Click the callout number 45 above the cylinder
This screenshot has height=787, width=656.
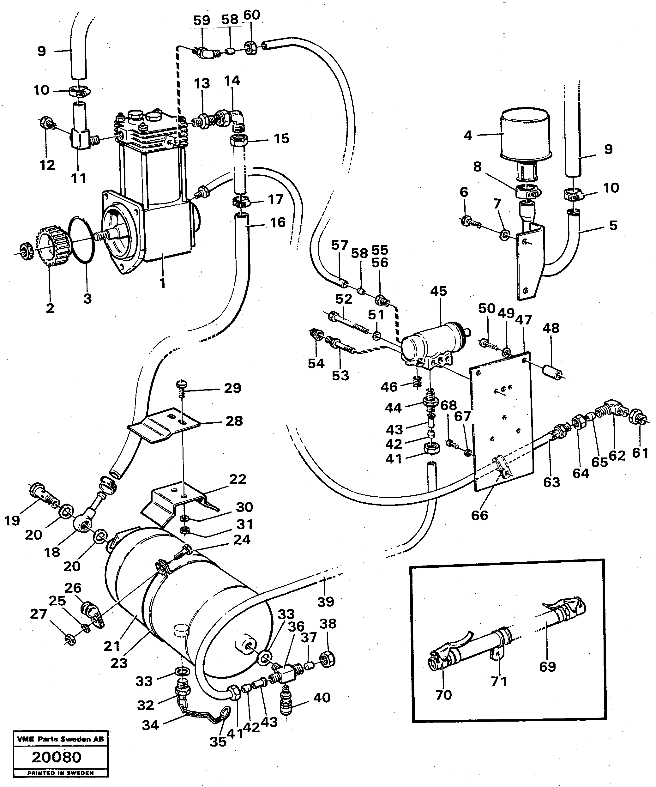(438, 291)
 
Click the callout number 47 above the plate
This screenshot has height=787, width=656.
(523, 320)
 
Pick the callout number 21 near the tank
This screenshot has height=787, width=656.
(111, 646)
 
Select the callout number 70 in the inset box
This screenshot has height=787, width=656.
(443, 695)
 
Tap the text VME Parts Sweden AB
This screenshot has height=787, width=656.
(60, 739)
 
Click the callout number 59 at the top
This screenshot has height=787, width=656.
(202, 20)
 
